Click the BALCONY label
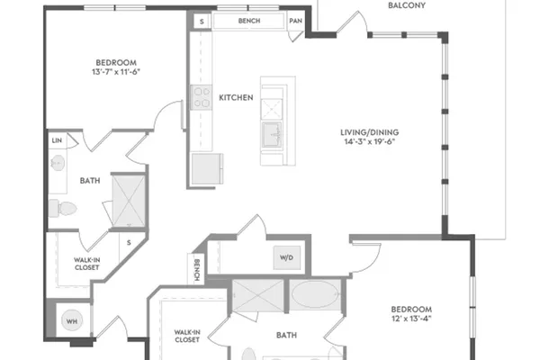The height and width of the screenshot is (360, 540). click(x=407, y=5)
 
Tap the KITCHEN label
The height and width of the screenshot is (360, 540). click(x=236, y=98)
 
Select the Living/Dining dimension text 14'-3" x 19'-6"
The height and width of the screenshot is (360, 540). click(x=370, y=141)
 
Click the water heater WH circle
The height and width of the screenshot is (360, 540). click(x=72, y=321)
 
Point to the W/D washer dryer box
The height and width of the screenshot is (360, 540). click(x=286, y=257)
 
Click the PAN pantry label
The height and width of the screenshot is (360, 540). click(x=295, y=21)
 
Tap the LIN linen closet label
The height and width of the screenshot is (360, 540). click(x=57, y=140)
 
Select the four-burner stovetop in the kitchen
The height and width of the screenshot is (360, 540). click(x=202, y=97)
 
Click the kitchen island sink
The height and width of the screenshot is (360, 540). click(x=272, y=135)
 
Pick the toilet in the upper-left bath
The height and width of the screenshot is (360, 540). click(x=63, y=209)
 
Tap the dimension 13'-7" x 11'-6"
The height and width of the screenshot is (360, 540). click(x=116, y=72)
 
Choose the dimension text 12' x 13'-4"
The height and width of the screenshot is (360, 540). click(x=411, y=319)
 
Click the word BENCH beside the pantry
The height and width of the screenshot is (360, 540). click(x=249, y=21)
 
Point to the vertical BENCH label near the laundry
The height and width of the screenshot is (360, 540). click(x=197, y=270)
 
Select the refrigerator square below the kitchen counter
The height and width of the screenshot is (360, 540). click(x=207, y=169)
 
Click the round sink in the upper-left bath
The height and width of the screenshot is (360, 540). click(x=58, y=163)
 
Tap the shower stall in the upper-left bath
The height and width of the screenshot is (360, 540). click(x=129, y=202)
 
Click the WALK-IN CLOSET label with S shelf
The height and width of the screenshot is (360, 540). click(x=86, y=264)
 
